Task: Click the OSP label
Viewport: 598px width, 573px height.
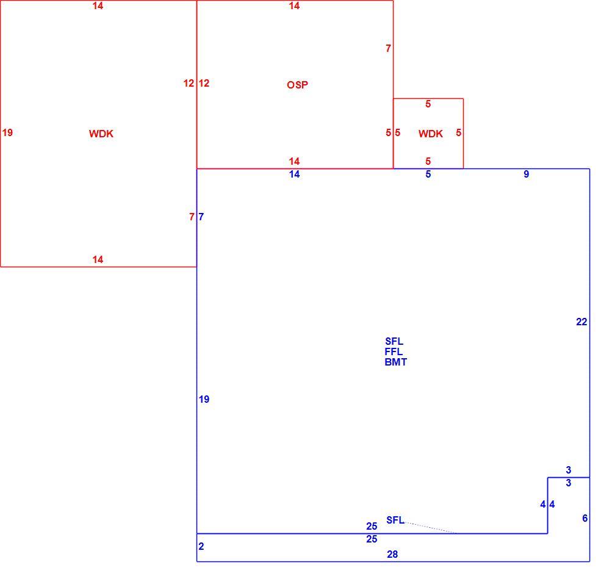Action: pyautogui.click(x=298, y=85)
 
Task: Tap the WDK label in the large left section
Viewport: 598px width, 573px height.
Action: pyautogui.click(x=101, y=134)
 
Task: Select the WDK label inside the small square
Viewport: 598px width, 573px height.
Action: pyautogui.click(x=431, y=134)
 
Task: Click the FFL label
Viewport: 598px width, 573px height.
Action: pyautogui.click(x=394, y=351)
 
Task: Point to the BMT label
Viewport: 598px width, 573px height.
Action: pyautogui.click(x=396, y=362)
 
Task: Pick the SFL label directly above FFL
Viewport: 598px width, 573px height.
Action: pyautogui.click(x=394, y=341)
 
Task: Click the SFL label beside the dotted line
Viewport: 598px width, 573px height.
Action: pyautogui.click(x=395, y=519)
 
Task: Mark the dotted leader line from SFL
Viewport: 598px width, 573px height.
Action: pyautogui.click(x=430, y=528)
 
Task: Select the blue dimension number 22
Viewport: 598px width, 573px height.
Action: pyautogui.click(x=582, y=322)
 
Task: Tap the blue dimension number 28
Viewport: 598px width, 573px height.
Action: pyautogui.click(x=392, y=554)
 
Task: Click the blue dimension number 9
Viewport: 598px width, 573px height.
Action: pyautogui.click(x=526, y=174)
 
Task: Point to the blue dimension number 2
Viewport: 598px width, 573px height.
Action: pyautogui.click(x=201, y=546)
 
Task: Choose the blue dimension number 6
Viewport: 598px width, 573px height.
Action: pyautogui.click(x=585, y=518)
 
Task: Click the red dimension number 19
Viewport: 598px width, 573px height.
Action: pyautogui.click(x=7, y=132)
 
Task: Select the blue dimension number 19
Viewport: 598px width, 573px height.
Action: pyautogui.click(x=204, y=399)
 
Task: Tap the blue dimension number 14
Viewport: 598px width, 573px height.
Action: pyautogui.click(x=294, y=174)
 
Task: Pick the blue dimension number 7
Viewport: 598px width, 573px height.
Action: pyautogui.click(x=201, y=217)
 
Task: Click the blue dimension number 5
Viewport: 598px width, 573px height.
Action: pyautogui.click(x=428, y=174)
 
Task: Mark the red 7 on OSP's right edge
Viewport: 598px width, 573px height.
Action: pyautogui.click(x=388, y=48)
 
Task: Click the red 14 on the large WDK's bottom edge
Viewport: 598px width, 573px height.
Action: pyautogui.click(x=98, y=259)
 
